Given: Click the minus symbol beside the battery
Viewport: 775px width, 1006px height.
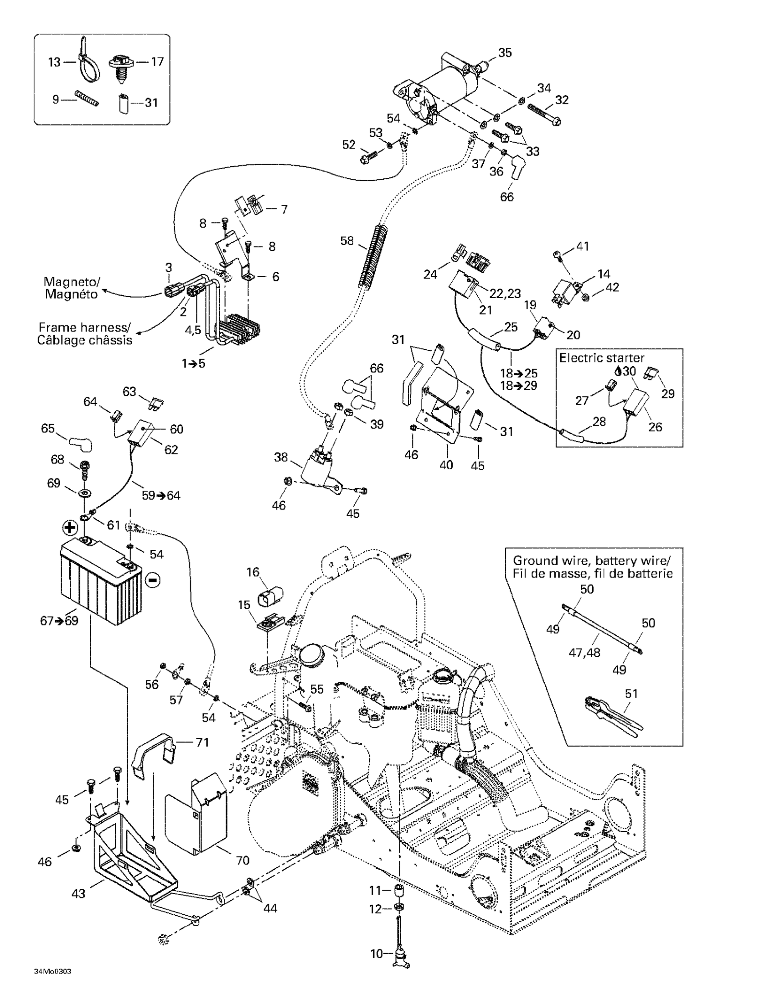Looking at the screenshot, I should [x=153, y=581].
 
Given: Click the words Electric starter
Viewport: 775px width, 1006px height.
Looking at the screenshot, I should [x=601, y=358].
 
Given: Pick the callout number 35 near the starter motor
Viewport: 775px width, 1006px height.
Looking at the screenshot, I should [x=505, y=53].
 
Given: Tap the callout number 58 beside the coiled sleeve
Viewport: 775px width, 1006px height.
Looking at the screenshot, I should [x=347, y=240].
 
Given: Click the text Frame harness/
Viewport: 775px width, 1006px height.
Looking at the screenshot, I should [x=84, y=327].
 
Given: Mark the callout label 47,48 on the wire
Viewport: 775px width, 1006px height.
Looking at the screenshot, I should [x=584, y=653].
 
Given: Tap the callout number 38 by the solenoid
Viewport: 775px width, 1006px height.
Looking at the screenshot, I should [x=281, y=457].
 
